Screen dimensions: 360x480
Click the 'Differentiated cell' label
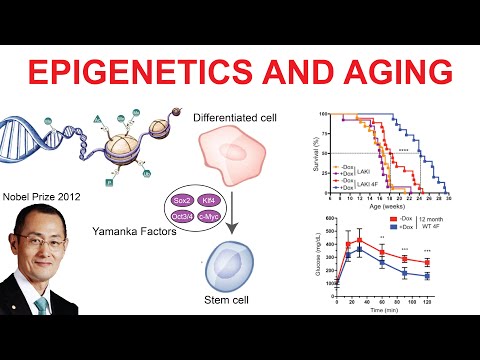tap(244, 119)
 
